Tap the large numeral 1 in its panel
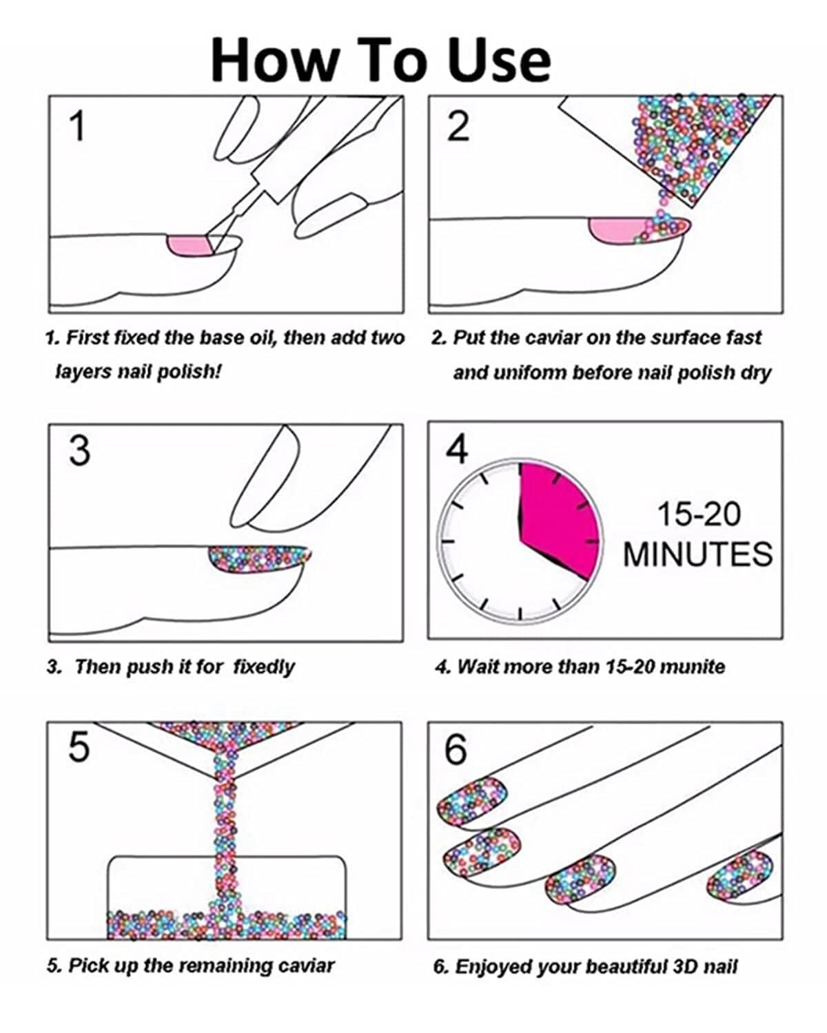(x=77, y=125)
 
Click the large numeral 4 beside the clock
(x=456, y=450)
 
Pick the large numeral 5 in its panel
(x=79, y=747)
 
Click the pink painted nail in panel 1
(x=190, y=247)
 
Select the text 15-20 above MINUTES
(x=699, y=514)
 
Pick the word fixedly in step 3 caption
(x=264, y=667)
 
